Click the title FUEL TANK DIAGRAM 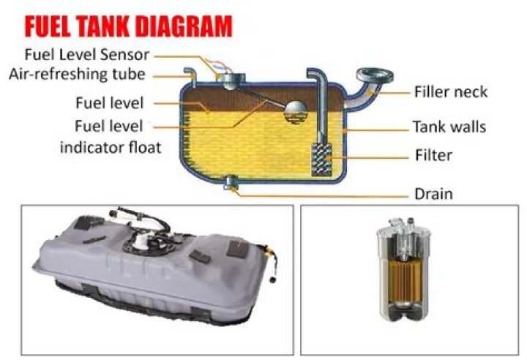point(127,26)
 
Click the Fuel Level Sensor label point(87,54)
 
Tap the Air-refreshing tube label point(78,74)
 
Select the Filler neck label point(450,92)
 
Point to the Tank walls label point(449,127)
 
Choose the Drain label point(433,194)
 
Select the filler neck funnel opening point(371,75)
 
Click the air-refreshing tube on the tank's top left point(190,75)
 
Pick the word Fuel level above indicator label point(110,102)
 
